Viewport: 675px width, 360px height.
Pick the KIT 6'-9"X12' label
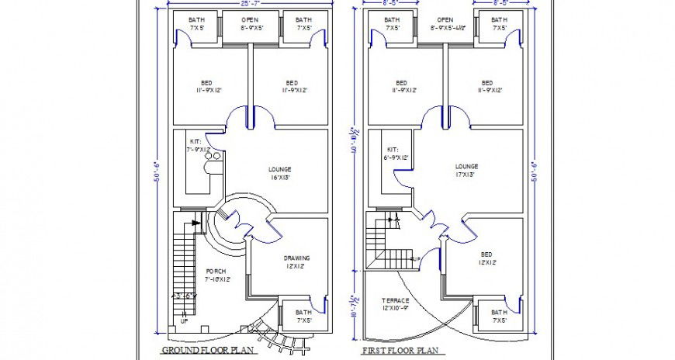click(x=393, y=153)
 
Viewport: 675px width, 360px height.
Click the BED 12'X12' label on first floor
click(x=486, y=258)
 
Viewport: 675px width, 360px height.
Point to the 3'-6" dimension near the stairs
click(x=185, y=296)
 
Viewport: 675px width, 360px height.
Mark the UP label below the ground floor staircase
click(x=184, y=320)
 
